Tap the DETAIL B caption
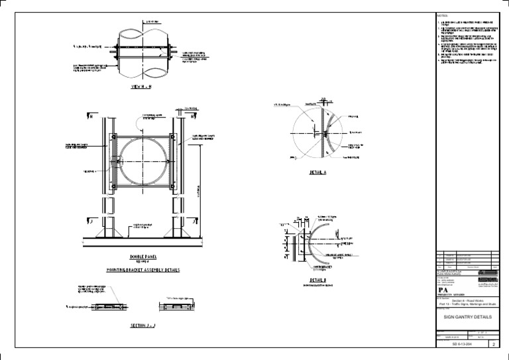point(298,280)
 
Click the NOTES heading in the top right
point(443,15)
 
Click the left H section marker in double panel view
point(89,117)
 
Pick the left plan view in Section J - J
point(110,306)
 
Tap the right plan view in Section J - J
point(175,306)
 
